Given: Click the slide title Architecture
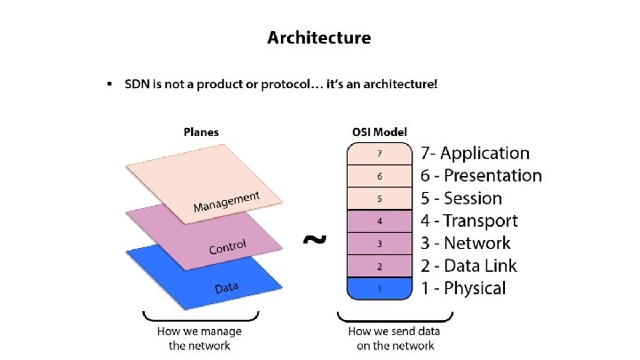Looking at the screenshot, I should pyautogui.click(x=319, y=38).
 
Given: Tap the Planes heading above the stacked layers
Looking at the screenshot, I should pyautogui.click(x=201, y=132).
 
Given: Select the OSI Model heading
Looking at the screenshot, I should pyautogui.click(x=379, y=132).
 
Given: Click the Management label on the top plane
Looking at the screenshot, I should pyautogui.click(x=227, y=202).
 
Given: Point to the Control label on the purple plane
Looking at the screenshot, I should pyautogui.click(x=228, y=245).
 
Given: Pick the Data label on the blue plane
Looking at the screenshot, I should pyautogui.click(x=228, y=288).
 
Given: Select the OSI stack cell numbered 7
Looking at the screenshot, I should pyautogui.click(x=379, y=154).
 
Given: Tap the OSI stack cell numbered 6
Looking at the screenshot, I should pyautogui.click(x=379, y=176).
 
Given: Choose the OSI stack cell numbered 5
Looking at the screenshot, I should pyautogui.click(x=379, y=198).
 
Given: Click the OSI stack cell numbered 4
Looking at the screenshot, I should pyautogui.click(x=379, y=220).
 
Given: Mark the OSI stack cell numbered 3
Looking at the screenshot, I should pyautogui.click(x=379, y=244).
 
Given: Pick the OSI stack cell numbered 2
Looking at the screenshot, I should pyautogui.click(x=379, y=266).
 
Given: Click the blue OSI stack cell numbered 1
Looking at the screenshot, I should pyautogui.click(x=379, y=288).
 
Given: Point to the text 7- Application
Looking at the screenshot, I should pyautogui.click(x=476, y=154).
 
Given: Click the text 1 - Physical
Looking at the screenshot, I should pyautogui.click(x=464, y=287).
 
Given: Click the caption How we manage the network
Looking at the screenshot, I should pyautogui.click(x=199, y=338).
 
